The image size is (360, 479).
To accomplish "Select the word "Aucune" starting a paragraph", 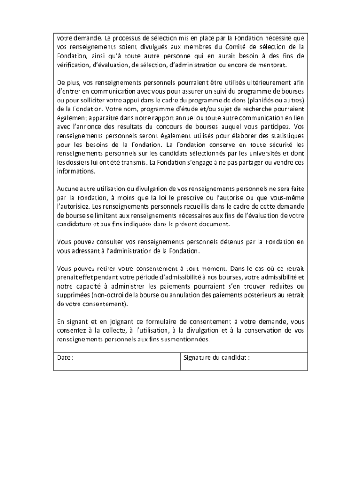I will pyautogui.click(x=67, y=189).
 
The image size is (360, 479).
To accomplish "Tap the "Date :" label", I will pyautogui.click(x=65, y=358).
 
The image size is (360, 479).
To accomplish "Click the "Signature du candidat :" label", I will pyautogui.click(x=216, y=358).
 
